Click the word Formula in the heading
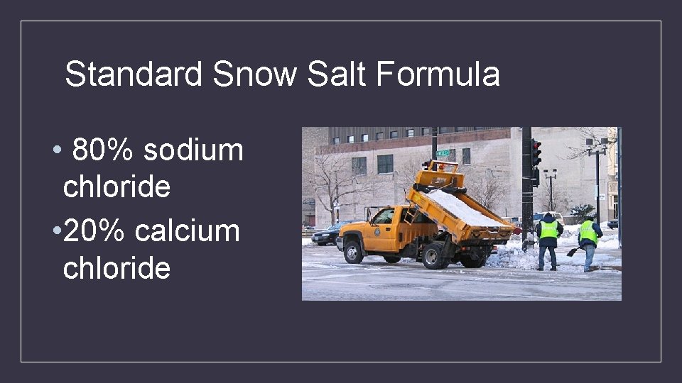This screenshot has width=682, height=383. (x=438, y=74)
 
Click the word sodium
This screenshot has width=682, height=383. (x=193, y=150)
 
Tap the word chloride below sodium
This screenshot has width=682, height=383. (x=117, y=187)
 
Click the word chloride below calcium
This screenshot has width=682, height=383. (x=117, y=268)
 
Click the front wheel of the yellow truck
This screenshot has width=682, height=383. (x=353, y=252)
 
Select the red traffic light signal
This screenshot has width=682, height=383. (x=536, y=146)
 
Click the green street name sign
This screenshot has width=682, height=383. (x=443, y=152)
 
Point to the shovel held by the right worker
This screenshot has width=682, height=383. (x=573, y=251)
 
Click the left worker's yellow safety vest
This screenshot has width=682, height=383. (x=548, y=230)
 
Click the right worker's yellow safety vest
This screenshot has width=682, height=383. (x=588, y=232)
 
